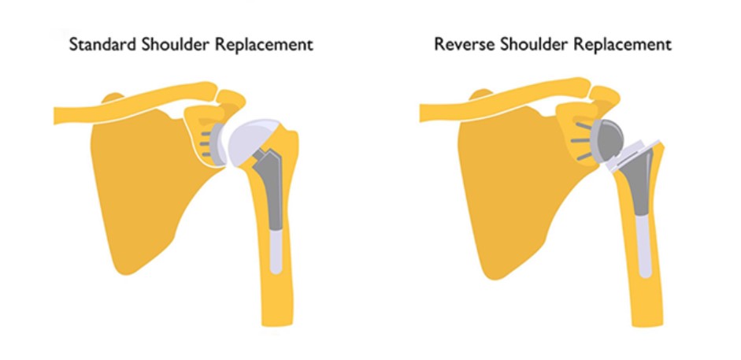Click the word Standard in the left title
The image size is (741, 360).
click(x=98, y=44)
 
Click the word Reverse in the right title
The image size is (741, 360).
click(x=459, y=44)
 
